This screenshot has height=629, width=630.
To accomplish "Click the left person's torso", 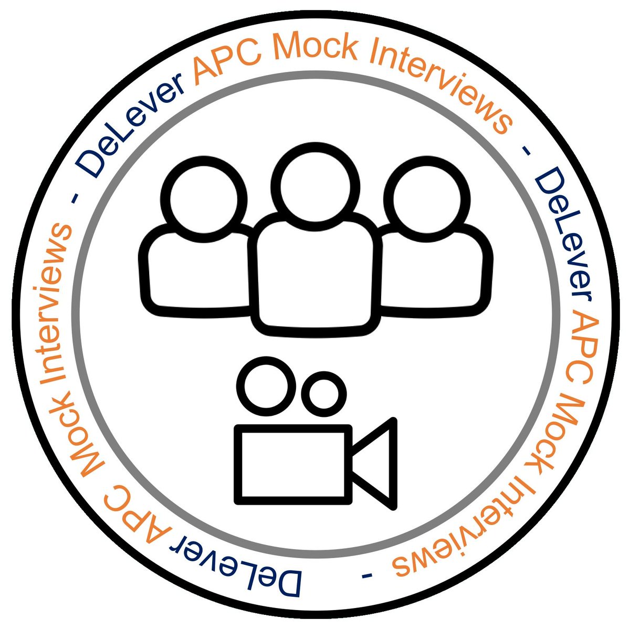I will [x=199, y=268].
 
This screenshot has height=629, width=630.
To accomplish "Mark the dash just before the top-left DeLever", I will [x=73, y=197].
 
